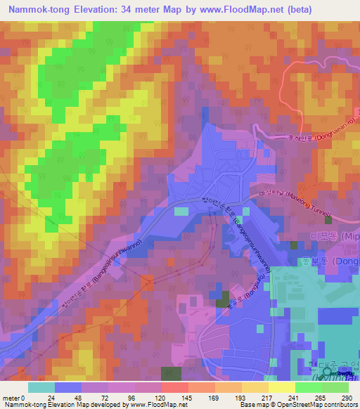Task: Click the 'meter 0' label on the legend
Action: [13, 397]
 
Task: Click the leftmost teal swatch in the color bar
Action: [41, 387]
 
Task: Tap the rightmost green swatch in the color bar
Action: [335, 387]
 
